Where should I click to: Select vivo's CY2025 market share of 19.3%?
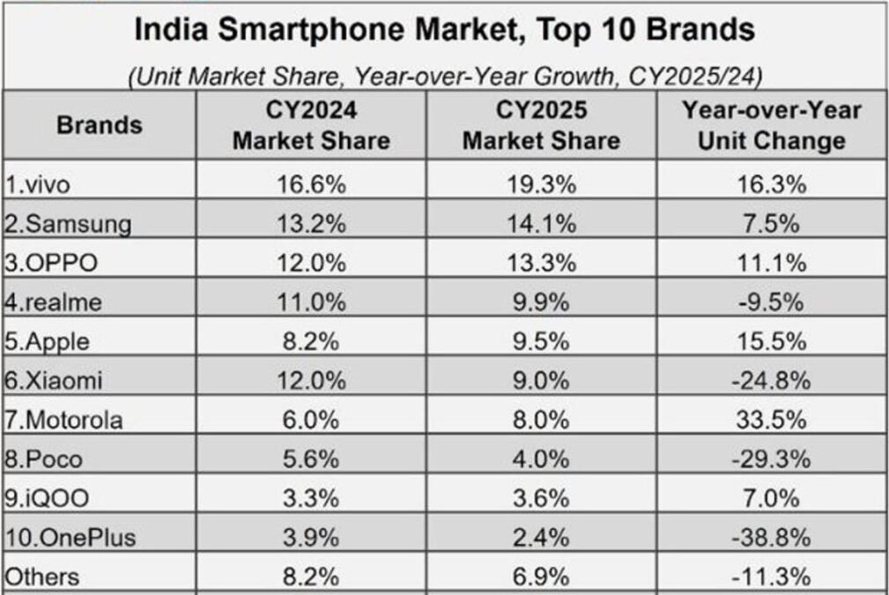[541, 184]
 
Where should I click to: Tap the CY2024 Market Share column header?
[311, 125]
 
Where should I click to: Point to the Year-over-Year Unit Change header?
[771, 125]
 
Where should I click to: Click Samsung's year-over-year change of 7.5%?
[771, 224]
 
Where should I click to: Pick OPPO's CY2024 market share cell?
[311, 263]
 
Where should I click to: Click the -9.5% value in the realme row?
[771, 302]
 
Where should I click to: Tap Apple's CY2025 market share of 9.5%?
[541, 341]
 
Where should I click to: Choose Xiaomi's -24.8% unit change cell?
[771, 381]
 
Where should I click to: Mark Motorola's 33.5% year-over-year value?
[771, 420]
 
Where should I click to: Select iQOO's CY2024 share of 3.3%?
[311, 498]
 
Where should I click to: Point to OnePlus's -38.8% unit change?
[771, 537]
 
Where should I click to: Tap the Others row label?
[42, 577]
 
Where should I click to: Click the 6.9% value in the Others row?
[541, 577]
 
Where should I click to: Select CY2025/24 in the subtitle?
[695, 77]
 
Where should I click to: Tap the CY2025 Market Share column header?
[541, 125]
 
